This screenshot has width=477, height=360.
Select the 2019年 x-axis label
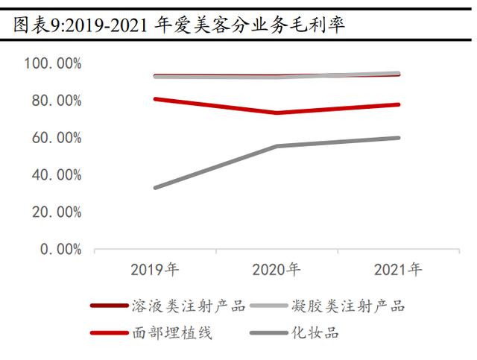155,269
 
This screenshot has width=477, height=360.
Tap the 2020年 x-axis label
277,269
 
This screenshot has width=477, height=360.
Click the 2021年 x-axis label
398,269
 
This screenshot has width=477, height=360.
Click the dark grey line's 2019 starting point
155,188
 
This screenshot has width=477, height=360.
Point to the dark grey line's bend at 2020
277,146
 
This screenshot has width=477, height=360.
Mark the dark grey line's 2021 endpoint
399,138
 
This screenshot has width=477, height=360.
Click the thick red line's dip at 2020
277,113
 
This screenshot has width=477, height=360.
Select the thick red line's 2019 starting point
155,98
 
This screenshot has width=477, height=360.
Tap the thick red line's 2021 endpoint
399,104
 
